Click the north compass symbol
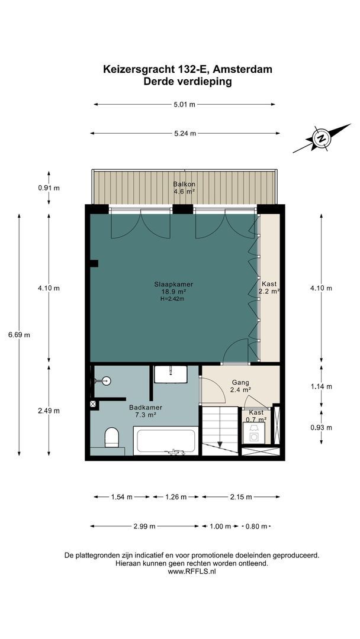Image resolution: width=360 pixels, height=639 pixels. click(322, 139)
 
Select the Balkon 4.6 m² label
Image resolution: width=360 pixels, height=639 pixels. click(184, 188)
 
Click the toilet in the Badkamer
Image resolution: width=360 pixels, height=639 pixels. click(112, 438)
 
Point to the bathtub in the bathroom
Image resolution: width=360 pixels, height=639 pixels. click(166, 442)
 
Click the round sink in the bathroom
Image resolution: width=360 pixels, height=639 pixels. click(107, 381)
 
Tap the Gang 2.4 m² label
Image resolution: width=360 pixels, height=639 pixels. click(240, 386)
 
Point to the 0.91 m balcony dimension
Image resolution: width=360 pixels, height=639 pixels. click(49, 188)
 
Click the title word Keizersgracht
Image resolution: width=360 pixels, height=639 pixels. click(136, 70)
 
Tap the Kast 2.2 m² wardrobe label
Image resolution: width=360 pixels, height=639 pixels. click(269, 288)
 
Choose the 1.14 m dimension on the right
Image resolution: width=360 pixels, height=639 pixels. click(321, 386)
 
